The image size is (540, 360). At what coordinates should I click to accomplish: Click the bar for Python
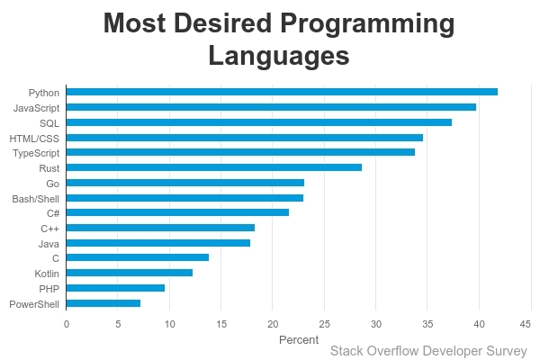282,92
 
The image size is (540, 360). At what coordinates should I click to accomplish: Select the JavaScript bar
271,107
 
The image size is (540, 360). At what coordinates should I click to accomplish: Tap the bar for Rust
214,167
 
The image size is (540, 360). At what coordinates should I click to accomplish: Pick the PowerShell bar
103,303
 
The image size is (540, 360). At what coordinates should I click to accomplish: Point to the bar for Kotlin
130,273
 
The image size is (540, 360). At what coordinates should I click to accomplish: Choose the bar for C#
177,212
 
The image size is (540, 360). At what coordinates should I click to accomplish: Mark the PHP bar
115,288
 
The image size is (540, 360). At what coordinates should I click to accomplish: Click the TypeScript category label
36,153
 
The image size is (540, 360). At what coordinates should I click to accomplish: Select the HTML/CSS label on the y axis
34,138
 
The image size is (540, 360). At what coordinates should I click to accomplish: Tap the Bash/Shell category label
36,198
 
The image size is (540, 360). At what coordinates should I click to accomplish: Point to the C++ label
49,229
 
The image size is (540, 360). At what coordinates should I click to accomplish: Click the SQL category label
49,122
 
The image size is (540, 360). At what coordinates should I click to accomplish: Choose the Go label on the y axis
53,184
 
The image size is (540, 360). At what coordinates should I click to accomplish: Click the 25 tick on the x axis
325,324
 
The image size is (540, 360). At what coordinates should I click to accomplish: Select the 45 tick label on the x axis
531,324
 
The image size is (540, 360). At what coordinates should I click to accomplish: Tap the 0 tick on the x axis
67,324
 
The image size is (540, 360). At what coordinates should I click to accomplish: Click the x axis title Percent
299,339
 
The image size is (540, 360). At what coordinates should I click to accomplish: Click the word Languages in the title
278,56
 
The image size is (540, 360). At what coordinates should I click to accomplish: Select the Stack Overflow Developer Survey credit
428,351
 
